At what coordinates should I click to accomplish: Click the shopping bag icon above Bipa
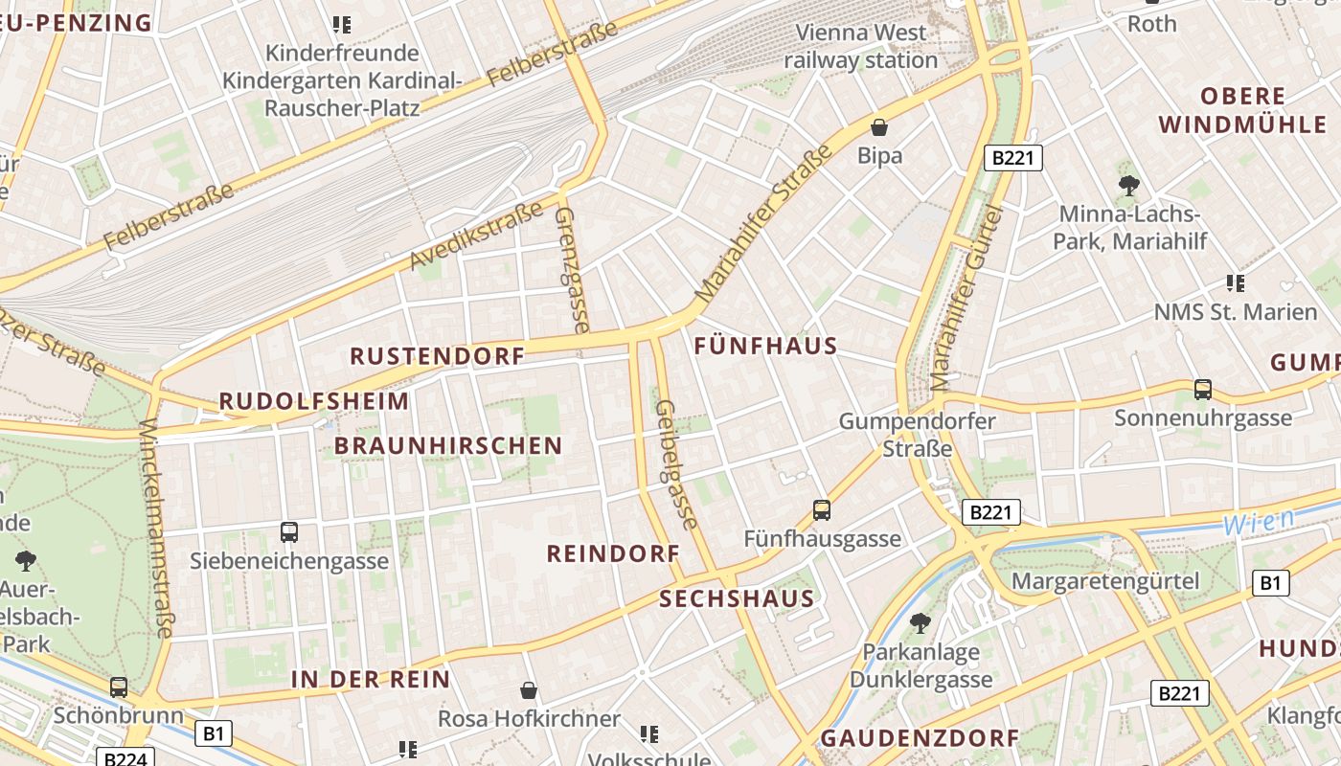click(x=878, y=126)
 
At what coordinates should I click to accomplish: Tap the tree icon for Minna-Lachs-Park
click(x=1128, y=186)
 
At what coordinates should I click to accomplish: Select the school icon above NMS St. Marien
click(x=1236, y=283)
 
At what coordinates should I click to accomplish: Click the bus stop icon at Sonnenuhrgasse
click(x=1203, y=390)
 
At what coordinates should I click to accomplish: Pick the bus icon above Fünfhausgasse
click(x=822, y=510)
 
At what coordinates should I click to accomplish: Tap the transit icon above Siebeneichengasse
click(x=289, y=532)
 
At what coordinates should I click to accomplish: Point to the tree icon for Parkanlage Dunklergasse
click(x=921, y=623)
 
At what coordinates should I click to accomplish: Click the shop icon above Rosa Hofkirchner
click(x=528, y=690)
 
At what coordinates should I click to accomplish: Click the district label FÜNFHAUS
click(x=765, y=346)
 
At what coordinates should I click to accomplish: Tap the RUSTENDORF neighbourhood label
click(x=437, y=356)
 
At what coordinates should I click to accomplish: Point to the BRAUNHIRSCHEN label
click(x=448, y=445)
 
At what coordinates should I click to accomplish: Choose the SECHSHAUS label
click(x=737, y=599)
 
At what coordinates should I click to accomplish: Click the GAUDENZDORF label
click(x=920, y=738)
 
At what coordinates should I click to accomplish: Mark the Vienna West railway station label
click(x=861, y=46)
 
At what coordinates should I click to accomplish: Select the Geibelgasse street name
click(x=676, y=464)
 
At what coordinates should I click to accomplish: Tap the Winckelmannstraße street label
click(x=156, y=528)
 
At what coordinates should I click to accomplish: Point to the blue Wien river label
click(x=1260, y=522)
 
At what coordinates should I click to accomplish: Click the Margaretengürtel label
click(x=1104, y=581)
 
